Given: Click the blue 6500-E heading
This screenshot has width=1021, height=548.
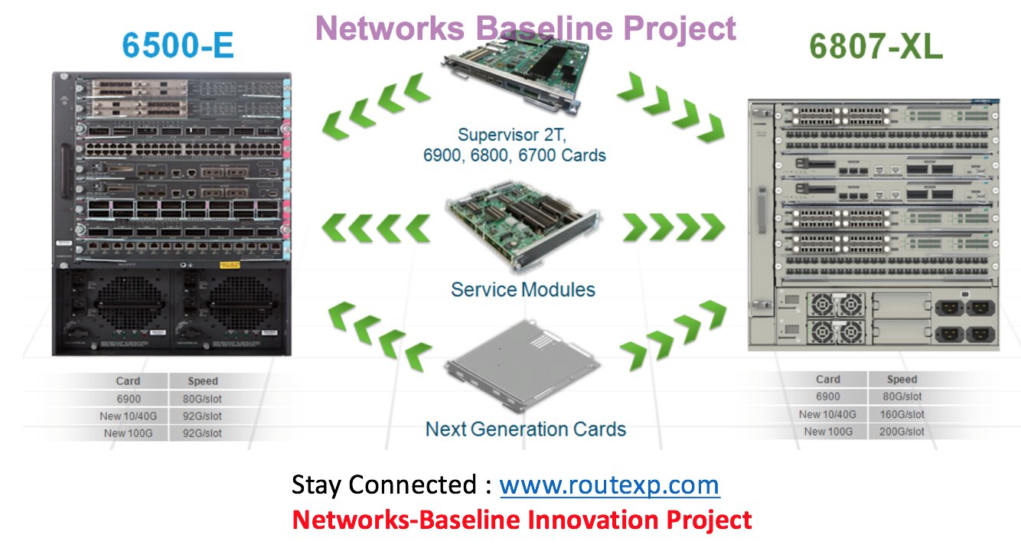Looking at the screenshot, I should tap(178, 45).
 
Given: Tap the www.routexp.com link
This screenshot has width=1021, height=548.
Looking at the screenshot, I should tap(609, 485).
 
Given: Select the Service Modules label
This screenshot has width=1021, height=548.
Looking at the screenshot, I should tap(523, 289).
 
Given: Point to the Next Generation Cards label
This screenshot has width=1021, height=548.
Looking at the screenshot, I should tap(526, 429).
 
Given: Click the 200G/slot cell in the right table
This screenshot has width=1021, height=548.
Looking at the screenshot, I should tap(903, 432).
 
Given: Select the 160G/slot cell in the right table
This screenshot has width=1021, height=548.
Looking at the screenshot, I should tap(903, 414).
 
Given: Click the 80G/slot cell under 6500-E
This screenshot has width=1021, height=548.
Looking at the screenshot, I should tap(201, 399).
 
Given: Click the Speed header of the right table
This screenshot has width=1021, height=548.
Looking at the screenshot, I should tap(902, 379).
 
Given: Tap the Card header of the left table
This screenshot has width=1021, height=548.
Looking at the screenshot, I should tap(128, 380).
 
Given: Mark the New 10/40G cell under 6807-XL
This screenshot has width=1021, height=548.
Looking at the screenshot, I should tap(827, 414).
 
